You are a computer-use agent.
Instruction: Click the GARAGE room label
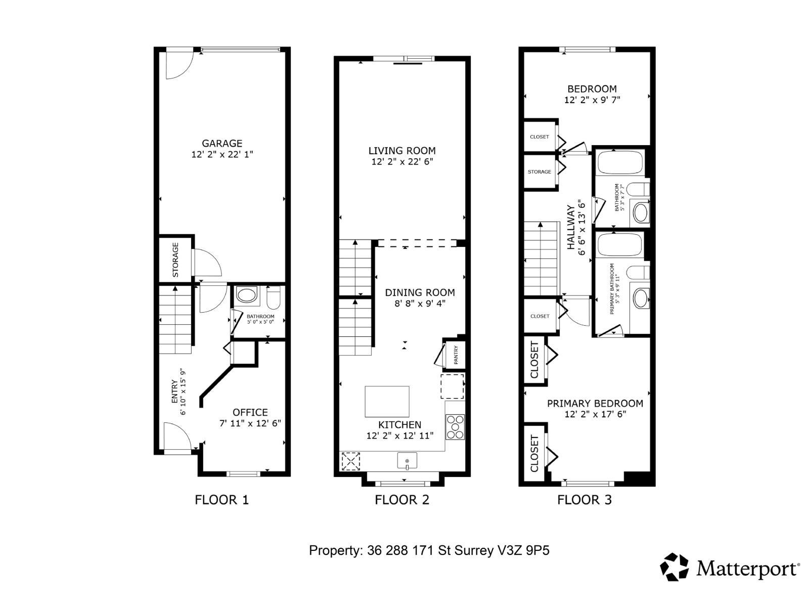(222, 144)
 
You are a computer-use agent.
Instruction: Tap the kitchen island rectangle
(387, 401)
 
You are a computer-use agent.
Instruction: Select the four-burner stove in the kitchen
(455, 427)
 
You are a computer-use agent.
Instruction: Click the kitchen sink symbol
(407, 461)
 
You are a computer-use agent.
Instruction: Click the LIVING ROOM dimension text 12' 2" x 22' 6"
(402, 162)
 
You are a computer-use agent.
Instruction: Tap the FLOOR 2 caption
(402, 500)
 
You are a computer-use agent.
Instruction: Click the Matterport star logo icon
(675, 567)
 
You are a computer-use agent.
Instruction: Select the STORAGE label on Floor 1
(175, 259)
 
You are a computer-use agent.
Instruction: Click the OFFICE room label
(250, 412)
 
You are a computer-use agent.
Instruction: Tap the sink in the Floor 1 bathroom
(246, 296)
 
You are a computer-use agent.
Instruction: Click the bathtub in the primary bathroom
(620, 245)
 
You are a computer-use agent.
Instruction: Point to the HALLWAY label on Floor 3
(571, 227)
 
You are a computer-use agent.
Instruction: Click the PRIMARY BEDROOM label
(595, 403)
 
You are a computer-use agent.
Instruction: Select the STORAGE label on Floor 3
(540, 172)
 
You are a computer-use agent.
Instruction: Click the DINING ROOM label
(420, 292)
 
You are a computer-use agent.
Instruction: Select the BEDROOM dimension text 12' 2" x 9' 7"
(592, 100)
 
